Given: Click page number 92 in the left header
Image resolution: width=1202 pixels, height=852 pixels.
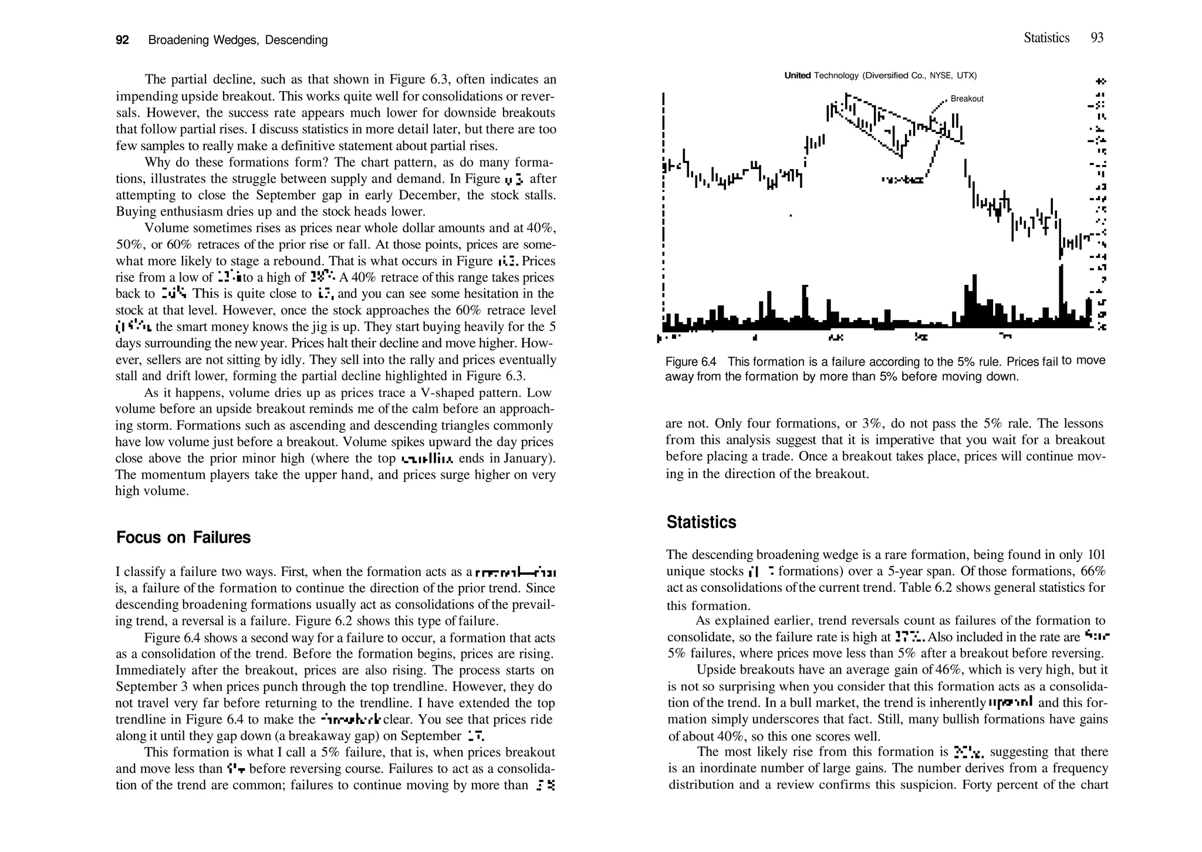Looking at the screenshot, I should (x=122, y=40).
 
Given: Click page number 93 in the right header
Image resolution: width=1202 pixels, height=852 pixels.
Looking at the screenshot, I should (x=1096, y=38).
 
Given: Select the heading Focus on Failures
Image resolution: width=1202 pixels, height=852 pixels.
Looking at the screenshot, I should (x=183, y=537).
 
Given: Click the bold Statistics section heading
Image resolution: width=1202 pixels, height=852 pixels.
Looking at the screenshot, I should (x=701, y=522).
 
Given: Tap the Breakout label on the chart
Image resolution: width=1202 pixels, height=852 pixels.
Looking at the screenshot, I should (x=967, y=99).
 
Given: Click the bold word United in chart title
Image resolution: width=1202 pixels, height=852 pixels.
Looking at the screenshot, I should (x=798, y=75).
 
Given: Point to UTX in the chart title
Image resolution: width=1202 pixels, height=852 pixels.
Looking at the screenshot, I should (x=965, y=75).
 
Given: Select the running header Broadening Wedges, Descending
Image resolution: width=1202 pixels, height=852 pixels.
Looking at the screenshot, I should (x=238, y=40).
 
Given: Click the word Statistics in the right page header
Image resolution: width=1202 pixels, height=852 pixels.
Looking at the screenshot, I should (x=1046, y=38).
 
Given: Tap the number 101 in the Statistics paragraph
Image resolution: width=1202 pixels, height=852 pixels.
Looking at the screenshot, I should (x=1096, y=554).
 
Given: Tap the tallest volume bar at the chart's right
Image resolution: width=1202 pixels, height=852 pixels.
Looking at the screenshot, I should (x=1061, y=294).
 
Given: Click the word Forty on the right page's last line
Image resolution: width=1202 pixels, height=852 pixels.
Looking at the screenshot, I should (x=977, y=784).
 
